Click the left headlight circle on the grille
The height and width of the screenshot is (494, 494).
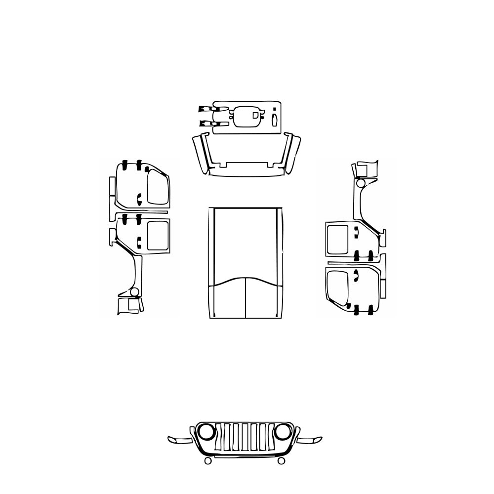(206, 432)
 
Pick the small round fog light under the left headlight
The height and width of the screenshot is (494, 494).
(208, 461)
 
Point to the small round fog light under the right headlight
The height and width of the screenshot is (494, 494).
(281, 461)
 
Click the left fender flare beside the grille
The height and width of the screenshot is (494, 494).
(179, 440)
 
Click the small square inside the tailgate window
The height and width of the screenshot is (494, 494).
(255, 115)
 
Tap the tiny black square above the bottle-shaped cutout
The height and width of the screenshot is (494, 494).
(274, 110)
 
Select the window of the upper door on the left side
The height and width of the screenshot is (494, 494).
(158, 187)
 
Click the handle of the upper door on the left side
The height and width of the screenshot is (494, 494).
(139, 200)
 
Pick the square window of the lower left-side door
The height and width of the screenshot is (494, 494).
(159, 235)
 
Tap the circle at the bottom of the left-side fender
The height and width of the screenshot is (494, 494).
(134, 292)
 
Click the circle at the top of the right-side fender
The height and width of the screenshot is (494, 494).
(360, 184)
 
